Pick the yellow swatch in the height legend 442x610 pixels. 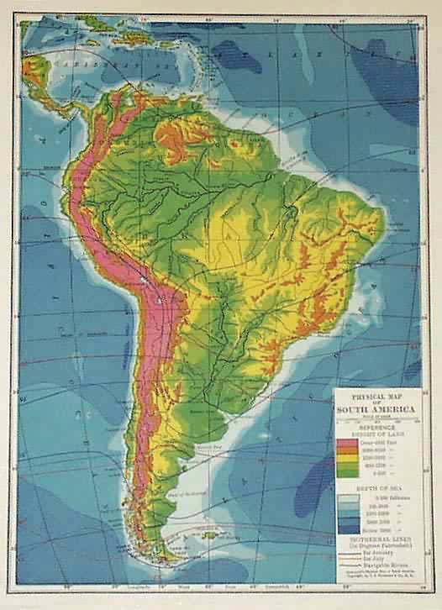point(347,457)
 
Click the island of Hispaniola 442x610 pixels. point(134,35)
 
